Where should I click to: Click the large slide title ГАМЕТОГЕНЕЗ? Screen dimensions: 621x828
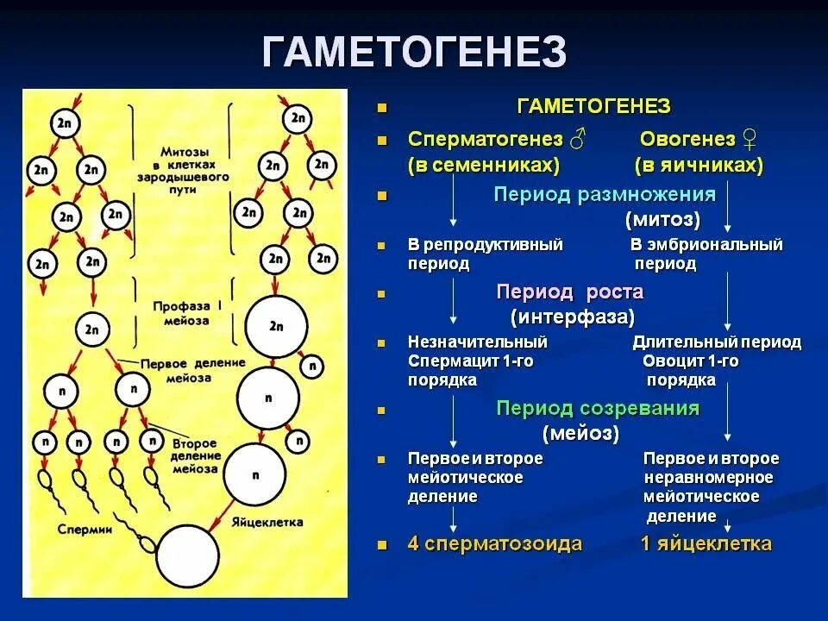[x=414, y=53]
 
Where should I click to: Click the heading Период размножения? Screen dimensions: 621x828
[x=605, y=194]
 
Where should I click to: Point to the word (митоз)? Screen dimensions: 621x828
[x=662, y=219]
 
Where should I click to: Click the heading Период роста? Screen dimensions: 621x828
[x=569, y=292]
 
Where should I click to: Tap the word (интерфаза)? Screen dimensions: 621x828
[x=573, y=317]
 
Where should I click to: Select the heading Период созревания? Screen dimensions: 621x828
[x=597, y=408]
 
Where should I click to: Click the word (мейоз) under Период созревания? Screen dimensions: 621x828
[x=581, y=433]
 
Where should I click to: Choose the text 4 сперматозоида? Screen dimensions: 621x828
[x=495, y=544]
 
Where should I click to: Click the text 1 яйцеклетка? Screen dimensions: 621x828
[x=706, y=544]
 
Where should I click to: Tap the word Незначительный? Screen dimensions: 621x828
[x=478, y=342]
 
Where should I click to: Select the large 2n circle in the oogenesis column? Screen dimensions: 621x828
[x=276, y=326]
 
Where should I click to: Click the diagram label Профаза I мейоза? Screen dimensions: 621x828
[x=181, y=313]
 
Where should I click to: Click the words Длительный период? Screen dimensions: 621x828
[x=716, y=342]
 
